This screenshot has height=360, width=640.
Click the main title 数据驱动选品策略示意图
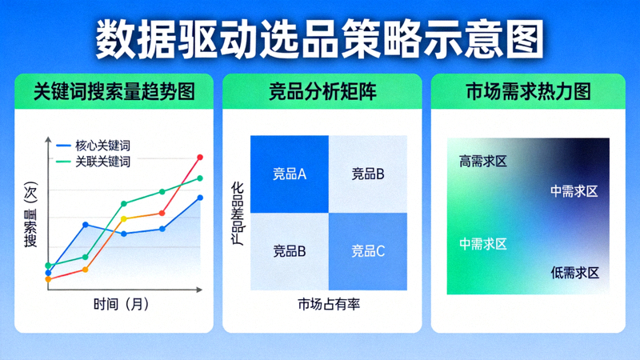pos(320,38)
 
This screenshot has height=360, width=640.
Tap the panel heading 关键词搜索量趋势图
pos(114,91)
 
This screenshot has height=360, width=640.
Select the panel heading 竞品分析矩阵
pos(322,91)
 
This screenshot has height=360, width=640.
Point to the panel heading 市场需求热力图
pos(528,91)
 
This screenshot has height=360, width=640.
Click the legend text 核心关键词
pos(103,146)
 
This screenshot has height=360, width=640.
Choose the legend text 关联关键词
pos(103,162)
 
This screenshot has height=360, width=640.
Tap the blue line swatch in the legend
pos(64,146)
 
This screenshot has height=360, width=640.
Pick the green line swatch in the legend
pos(64,162)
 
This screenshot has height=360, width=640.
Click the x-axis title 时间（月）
pos(121,304)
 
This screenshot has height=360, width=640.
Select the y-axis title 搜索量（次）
pos(31,215)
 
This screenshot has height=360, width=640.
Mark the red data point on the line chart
pos(200,158)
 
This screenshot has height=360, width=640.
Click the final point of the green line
pos(200,178)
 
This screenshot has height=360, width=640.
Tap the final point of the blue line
pos(200,198)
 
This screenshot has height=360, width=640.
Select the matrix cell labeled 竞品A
pos(290,174)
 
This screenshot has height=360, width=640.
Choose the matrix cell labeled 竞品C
pos(368,251)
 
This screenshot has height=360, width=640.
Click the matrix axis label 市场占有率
pos(329,304)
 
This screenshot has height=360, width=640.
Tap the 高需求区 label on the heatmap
pos(483,162)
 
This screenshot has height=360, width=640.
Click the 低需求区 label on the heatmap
pos(574,273)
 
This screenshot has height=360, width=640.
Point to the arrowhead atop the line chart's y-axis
pos(48,141)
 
